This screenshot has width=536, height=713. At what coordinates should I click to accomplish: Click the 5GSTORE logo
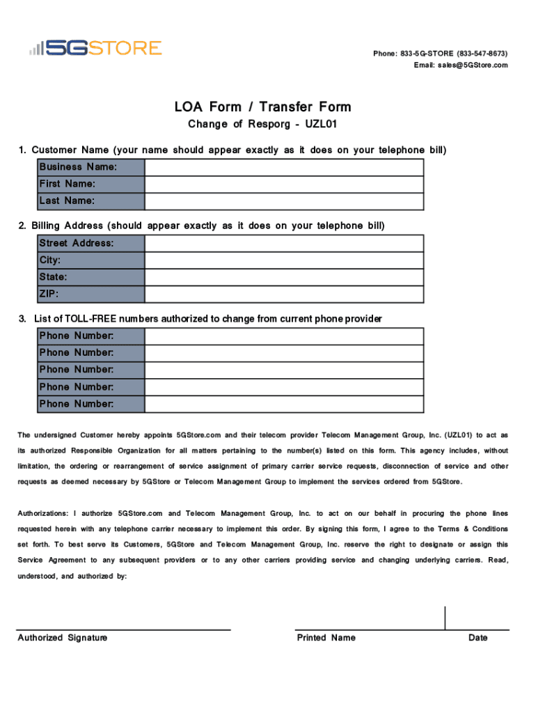pos(95,48)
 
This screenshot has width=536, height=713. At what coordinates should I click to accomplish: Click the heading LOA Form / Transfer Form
pos(262,107)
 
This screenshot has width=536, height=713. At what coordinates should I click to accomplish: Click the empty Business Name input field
pos(284,167)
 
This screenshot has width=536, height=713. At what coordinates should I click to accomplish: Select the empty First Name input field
pos(284,184)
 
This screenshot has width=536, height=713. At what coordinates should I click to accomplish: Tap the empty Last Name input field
pos(284,201)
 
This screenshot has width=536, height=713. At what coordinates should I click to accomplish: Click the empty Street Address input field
pos(284,243)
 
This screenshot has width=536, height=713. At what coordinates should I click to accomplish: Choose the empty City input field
pos(284,260)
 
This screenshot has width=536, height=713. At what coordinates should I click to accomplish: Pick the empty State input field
pos(284,277)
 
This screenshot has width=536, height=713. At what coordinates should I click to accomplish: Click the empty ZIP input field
pos(284,294)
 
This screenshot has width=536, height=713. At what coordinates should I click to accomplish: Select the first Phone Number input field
pos(284,336)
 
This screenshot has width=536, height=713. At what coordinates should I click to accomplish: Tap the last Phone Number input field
pos(284,404)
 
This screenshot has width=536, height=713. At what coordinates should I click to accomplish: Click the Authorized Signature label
pos(63,638)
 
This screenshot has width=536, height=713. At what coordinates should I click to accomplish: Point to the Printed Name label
pos(326,638)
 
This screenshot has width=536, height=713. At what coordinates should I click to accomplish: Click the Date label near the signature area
pos(478,638)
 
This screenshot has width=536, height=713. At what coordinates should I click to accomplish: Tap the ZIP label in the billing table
pos(49,294)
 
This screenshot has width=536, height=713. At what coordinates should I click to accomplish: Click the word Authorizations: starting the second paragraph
pos(43,514)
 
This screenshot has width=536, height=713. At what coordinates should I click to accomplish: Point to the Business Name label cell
pos(78,167)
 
